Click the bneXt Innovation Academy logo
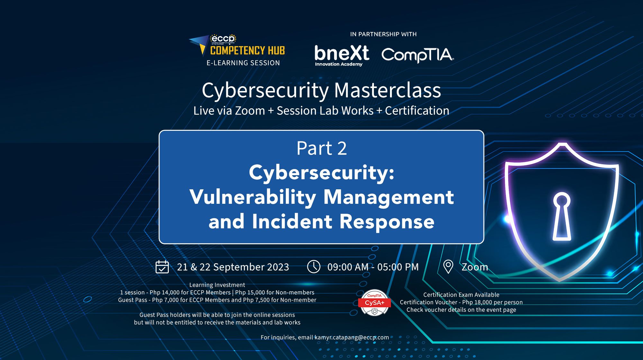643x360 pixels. [341, 55]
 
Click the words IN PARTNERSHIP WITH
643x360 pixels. [383, 34]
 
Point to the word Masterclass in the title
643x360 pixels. [387, 90]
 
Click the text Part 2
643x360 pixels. [321, 148]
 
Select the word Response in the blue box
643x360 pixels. [387, 221]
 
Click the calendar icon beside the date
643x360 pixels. [162, 267]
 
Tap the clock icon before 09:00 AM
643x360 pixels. [313, 267]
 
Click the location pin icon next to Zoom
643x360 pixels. [448, 267]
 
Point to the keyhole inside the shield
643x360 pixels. [562, 216]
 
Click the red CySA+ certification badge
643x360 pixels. [375, 303]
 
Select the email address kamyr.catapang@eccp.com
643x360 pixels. [351, 337]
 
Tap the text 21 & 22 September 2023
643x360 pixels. [233, 267]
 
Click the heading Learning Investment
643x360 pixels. [217, 285]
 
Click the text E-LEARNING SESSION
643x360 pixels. [243, 63]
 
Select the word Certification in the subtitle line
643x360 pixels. [417, 111]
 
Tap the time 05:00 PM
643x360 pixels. [398, 267]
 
